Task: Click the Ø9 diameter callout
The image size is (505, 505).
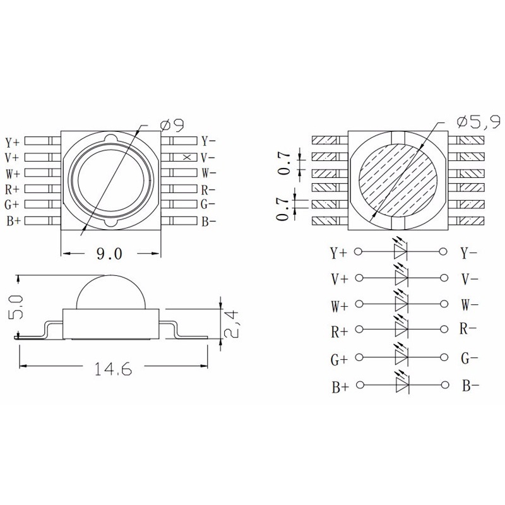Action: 172,125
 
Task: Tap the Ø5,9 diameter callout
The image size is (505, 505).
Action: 478,121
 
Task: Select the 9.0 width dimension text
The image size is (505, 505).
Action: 109,254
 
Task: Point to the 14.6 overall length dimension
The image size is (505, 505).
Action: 113,369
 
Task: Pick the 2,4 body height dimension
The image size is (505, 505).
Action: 231,324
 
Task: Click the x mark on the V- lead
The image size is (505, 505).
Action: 187,157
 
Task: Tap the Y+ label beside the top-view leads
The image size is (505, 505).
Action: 12,141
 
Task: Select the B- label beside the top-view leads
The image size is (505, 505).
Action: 209,222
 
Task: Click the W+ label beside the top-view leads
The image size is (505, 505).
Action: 13,174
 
